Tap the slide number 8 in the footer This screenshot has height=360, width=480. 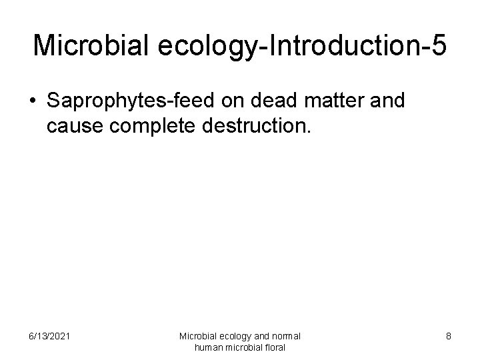[x=449, y=336]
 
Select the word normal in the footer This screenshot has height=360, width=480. [x=287, y=336]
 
